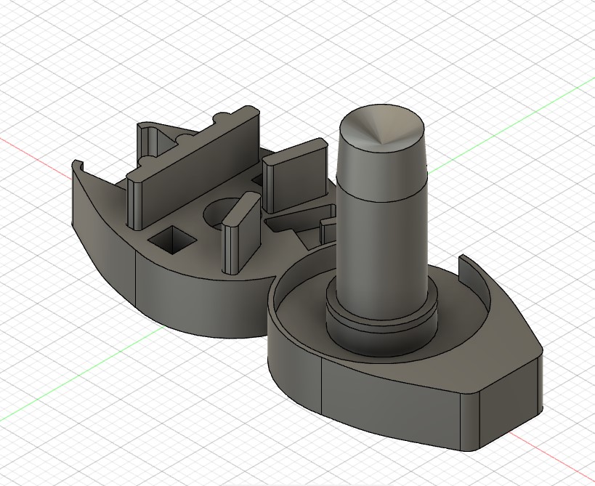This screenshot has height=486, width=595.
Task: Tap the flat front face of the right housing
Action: coord(392,396)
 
